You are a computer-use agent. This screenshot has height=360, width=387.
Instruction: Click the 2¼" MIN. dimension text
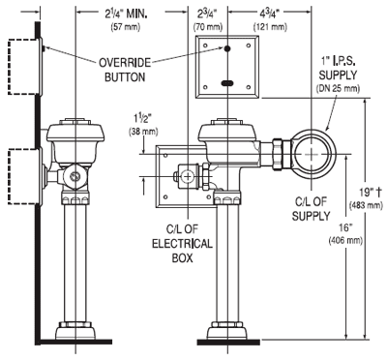click(126, 14)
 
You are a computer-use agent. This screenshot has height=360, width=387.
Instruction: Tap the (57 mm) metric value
click(126, 27)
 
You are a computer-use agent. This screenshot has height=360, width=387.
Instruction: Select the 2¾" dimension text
click(207, 15)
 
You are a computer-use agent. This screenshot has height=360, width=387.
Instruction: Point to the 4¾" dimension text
click(270, 15)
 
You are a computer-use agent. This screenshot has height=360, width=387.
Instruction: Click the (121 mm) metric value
click(270, 27)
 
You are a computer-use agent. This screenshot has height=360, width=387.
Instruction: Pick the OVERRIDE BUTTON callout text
click(125, 70)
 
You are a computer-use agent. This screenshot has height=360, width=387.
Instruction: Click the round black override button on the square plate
click(227, 48)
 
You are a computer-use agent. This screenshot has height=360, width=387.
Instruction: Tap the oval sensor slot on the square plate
click(227, 83)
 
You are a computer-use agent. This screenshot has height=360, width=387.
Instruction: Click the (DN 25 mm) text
click(339, 88)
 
